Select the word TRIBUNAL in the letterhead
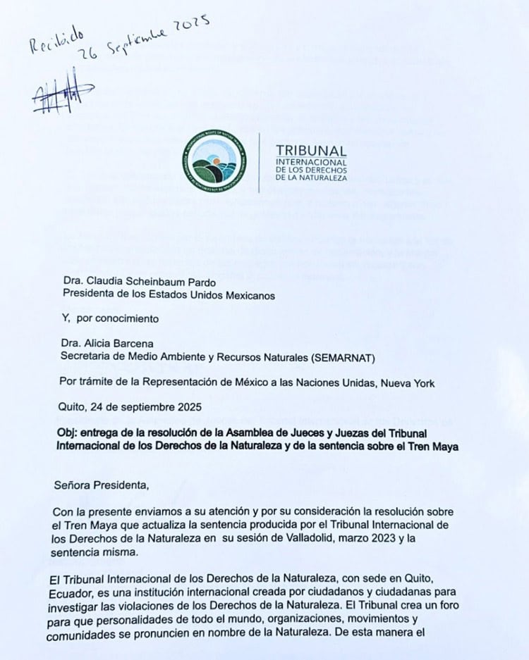click(311, 151)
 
